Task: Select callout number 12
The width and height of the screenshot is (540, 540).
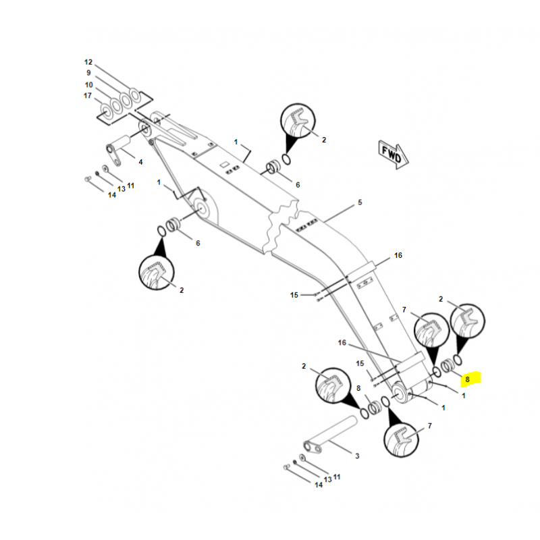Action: [x=88, y=62]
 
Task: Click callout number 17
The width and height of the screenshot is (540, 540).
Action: [x=88, y=96]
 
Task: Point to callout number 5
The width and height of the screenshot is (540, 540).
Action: [x=360, y=202]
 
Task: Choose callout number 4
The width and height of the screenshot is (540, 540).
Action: [x=140, y=162]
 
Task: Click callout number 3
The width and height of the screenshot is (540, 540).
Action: [x=357, y=456]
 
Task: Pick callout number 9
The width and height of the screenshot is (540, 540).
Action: [x=88, y=73]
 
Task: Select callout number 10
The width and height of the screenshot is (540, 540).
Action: [x=88, y=84]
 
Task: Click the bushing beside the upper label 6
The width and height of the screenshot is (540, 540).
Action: [x=273, y=166]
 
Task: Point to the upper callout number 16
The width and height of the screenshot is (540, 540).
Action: [x=398, y=255]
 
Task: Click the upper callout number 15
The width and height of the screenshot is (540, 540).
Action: [x=294, y=295]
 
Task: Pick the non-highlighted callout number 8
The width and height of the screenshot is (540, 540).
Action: [x=359, y=388]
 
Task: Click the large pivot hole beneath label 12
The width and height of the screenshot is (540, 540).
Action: [x=144, y=127]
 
